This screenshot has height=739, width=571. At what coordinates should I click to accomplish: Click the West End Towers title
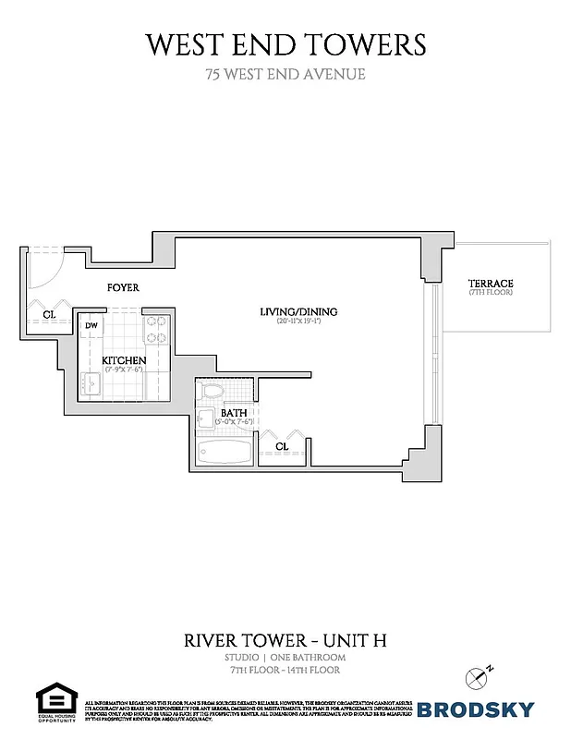(285, 43)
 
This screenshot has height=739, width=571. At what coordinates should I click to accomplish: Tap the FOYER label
(123, 288)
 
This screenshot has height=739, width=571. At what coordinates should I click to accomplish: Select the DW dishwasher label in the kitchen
(92, 326)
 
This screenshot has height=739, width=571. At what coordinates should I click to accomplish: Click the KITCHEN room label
(123, 359)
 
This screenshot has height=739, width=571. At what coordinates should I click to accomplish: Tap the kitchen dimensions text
(123, 369)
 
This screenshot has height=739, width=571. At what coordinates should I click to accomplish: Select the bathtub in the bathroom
(225, 453)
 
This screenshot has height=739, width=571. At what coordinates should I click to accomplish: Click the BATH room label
(233, 413)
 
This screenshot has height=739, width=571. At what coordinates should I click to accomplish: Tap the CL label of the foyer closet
(49, 315)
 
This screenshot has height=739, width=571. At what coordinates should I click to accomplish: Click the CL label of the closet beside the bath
(282, 446)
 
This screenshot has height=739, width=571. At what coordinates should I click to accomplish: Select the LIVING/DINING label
(298, 312)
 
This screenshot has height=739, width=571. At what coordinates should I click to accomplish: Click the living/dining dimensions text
(298, 321)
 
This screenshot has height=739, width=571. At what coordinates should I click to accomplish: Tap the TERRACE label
(490, 284)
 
